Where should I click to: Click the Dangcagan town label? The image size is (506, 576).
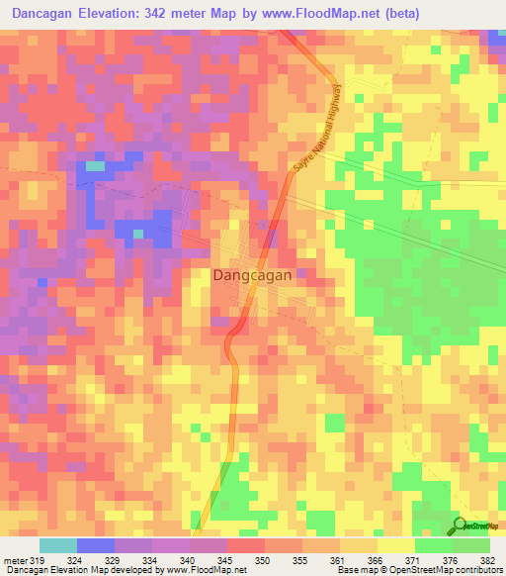pyautogui.click(x=252, y=277)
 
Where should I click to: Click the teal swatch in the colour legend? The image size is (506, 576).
pyautogui.click(x=58, y=546)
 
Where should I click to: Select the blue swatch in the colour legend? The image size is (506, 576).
pyautogui.click(x=96, y=546)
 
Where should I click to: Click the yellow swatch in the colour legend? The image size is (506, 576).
pyautogui.click(x=396, y=546)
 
